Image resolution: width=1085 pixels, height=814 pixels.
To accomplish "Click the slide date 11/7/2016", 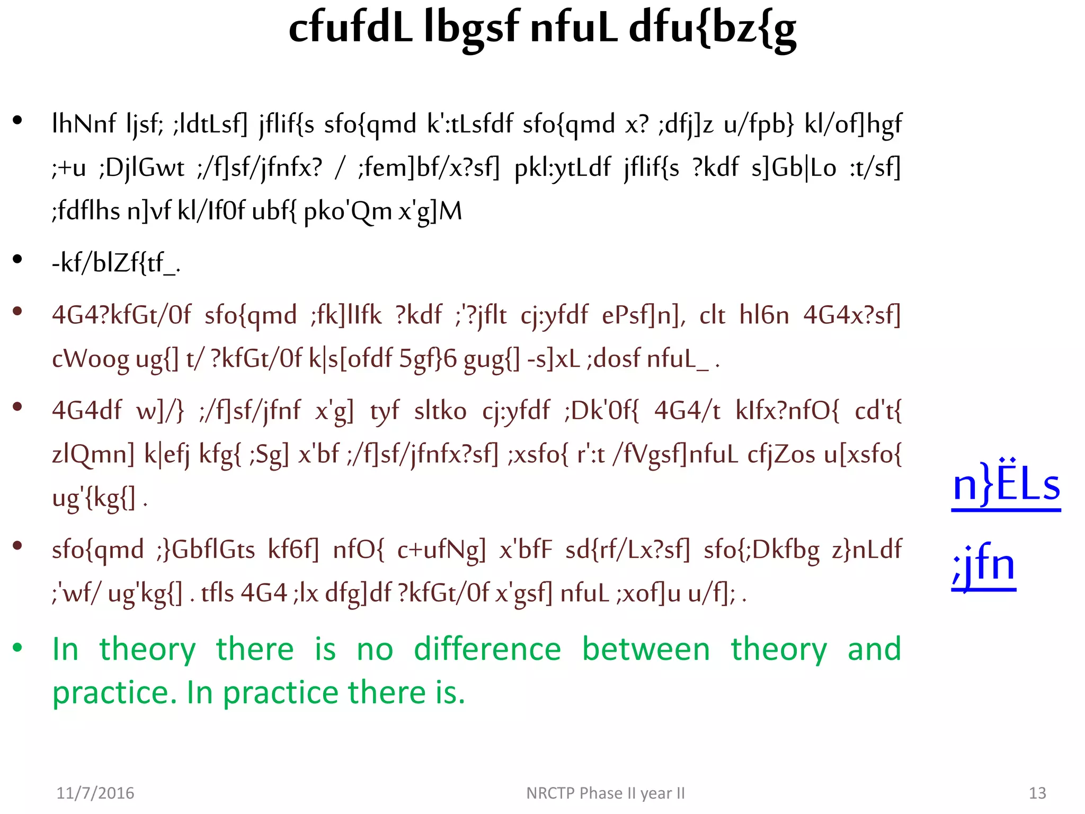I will (x=95, y=793).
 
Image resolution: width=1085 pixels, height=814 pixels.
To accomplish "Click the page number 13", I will (x=1037, y=793).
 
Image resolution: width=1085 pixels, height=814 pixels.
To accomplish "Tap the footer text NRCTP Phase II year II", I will (x=606, y=793).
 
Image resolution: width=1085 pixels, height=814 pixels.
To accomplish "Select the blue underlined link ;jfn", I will (x=984, y=565).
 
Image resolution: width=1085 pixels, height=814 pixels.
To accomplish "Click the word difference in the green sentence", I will (x=487, y=649).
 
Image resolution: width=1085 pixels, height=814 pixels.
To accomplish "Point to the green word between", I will (x=646, y=649).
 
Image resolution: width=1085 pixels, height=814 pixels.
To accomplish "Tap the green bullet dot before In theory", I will (x=18, y=647).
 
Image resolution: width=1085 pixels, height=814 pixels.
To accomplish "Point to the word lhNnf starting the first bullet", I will (x=84, y=124).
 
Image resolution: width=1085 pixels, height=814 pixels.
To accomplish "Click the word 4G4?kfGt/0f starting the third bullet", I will (x=121, y=315).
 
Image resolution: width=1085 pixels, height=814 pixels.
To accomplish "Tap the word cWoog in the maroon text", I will (x=90, y=359).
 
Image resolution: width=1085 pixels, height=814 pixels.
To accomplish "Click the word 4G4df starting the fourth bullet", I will (x=86, y=411).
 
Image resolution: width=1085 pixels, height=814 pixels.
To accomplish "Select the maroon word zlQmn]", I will (x=93, y=455).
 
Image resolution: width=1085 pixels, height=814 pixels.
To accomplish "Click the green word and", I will (x=874, y=649).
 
